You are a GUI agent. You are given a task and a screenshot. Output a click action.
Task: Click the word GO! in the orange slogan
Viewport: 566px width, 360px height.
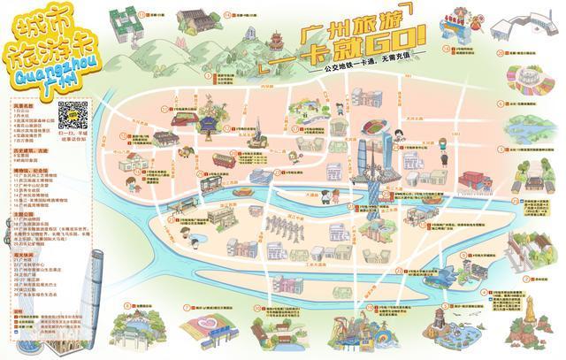coord(394,41)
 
